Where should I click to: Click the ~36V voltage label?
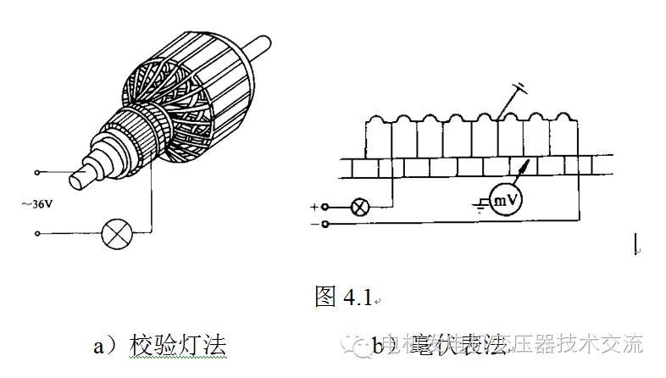click(x=42, y=203)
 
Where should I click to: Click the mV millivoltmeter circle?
click(x=506, y=201)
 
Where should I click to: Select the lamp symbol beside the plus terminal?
click(x=361, y=206)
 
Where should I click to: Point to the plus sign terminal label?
click(x=314, y=206)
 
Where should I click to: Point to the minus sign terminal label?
click(x=314, y=225)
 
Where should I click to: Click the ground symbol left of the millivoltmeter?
click(x=480, y=203)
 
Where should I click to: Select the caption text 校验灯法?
click(x=178, y=346)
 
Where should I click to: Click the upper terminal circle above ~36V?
click(x=37, y=173)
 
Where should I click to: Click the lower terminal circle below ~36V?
click(x=37, y=231)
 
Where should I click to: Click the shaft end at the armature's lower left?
click(x=82, y=179)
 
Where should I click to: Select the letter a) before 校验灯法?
click(x=108, y=346)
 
